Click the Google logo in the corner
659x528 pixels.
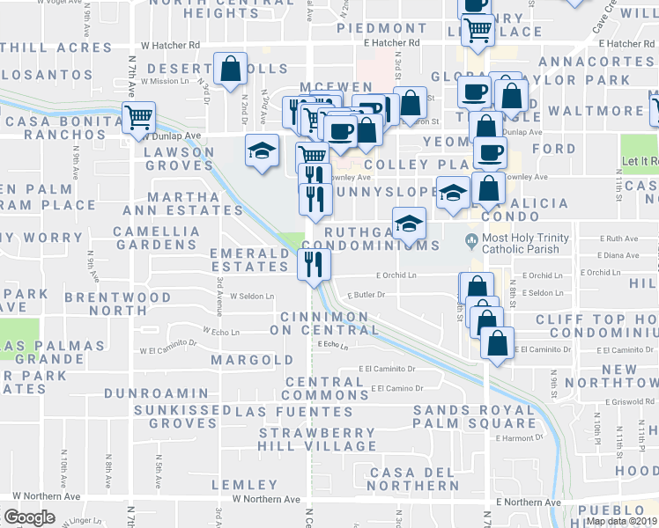click(x=29, y=517)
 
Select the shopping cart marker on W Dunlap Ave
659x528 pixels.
click(x=138, y=118)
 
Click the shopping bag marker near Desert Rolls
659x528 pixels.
click(x=229, y=70)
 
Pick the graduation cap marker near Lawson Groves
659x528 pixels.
click(x=261, y=150)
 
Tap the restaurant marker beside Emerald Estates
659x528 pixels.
click(x=314, y=263)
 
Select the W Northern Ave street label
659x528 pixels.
click(x=265, y=499)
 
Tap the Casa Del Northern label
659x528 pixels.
click(x=416, y=479)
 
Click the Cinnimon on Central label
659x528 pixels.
click(x=323, y=323)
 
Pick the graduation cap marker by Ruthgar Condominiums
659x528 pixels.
click(x=409, y=224)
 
